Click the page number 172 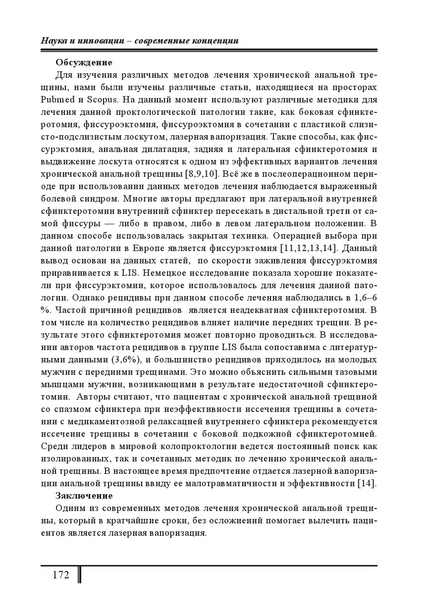(60, 575)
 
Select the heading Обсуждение (84, 62)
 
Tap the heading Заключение (84, 496)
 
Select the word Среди (54, 446)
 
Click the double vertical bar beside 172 (79, 575)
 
